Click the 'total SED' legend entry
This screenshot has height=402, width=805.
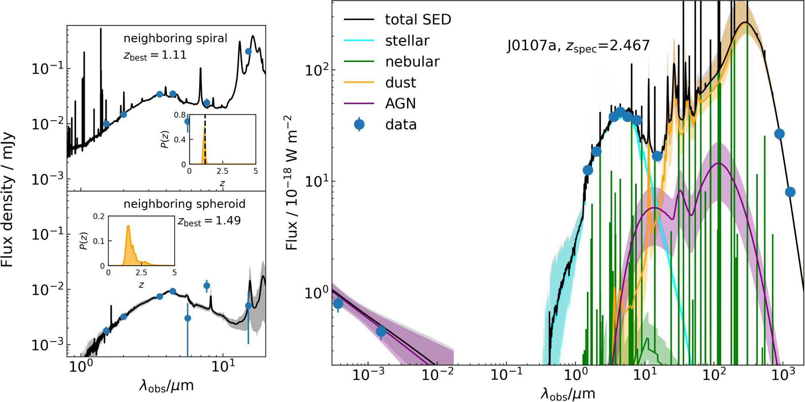coord(418,19)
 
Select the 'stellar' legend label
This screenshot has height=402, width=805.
coord(407,41)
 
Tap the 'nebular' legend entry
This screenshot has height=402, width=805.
coord(412,62)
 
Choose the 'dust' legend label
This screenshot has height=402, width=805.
coord(400,82)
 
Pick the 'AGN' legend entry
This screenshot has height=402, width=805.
coord(400,103)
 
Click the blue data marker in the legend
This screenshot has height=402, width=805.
coord(359,124)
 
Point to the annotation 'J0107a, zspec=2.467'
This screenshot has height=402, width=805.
coord(578,45)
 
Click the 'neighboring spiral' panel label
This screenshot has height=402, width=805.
coord(175,38)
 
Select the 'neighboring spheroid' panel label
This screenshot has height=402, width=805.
coord(184,204)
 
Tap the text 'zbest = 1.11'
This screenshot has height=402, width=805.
coord(155,55)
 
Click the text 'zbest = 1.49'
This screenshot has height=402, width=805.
coord(209,221)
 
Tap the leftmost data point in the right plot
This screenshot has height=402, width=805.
coord(338,303)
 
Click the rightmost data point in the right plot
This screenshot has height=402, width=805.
coord(790,192)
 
